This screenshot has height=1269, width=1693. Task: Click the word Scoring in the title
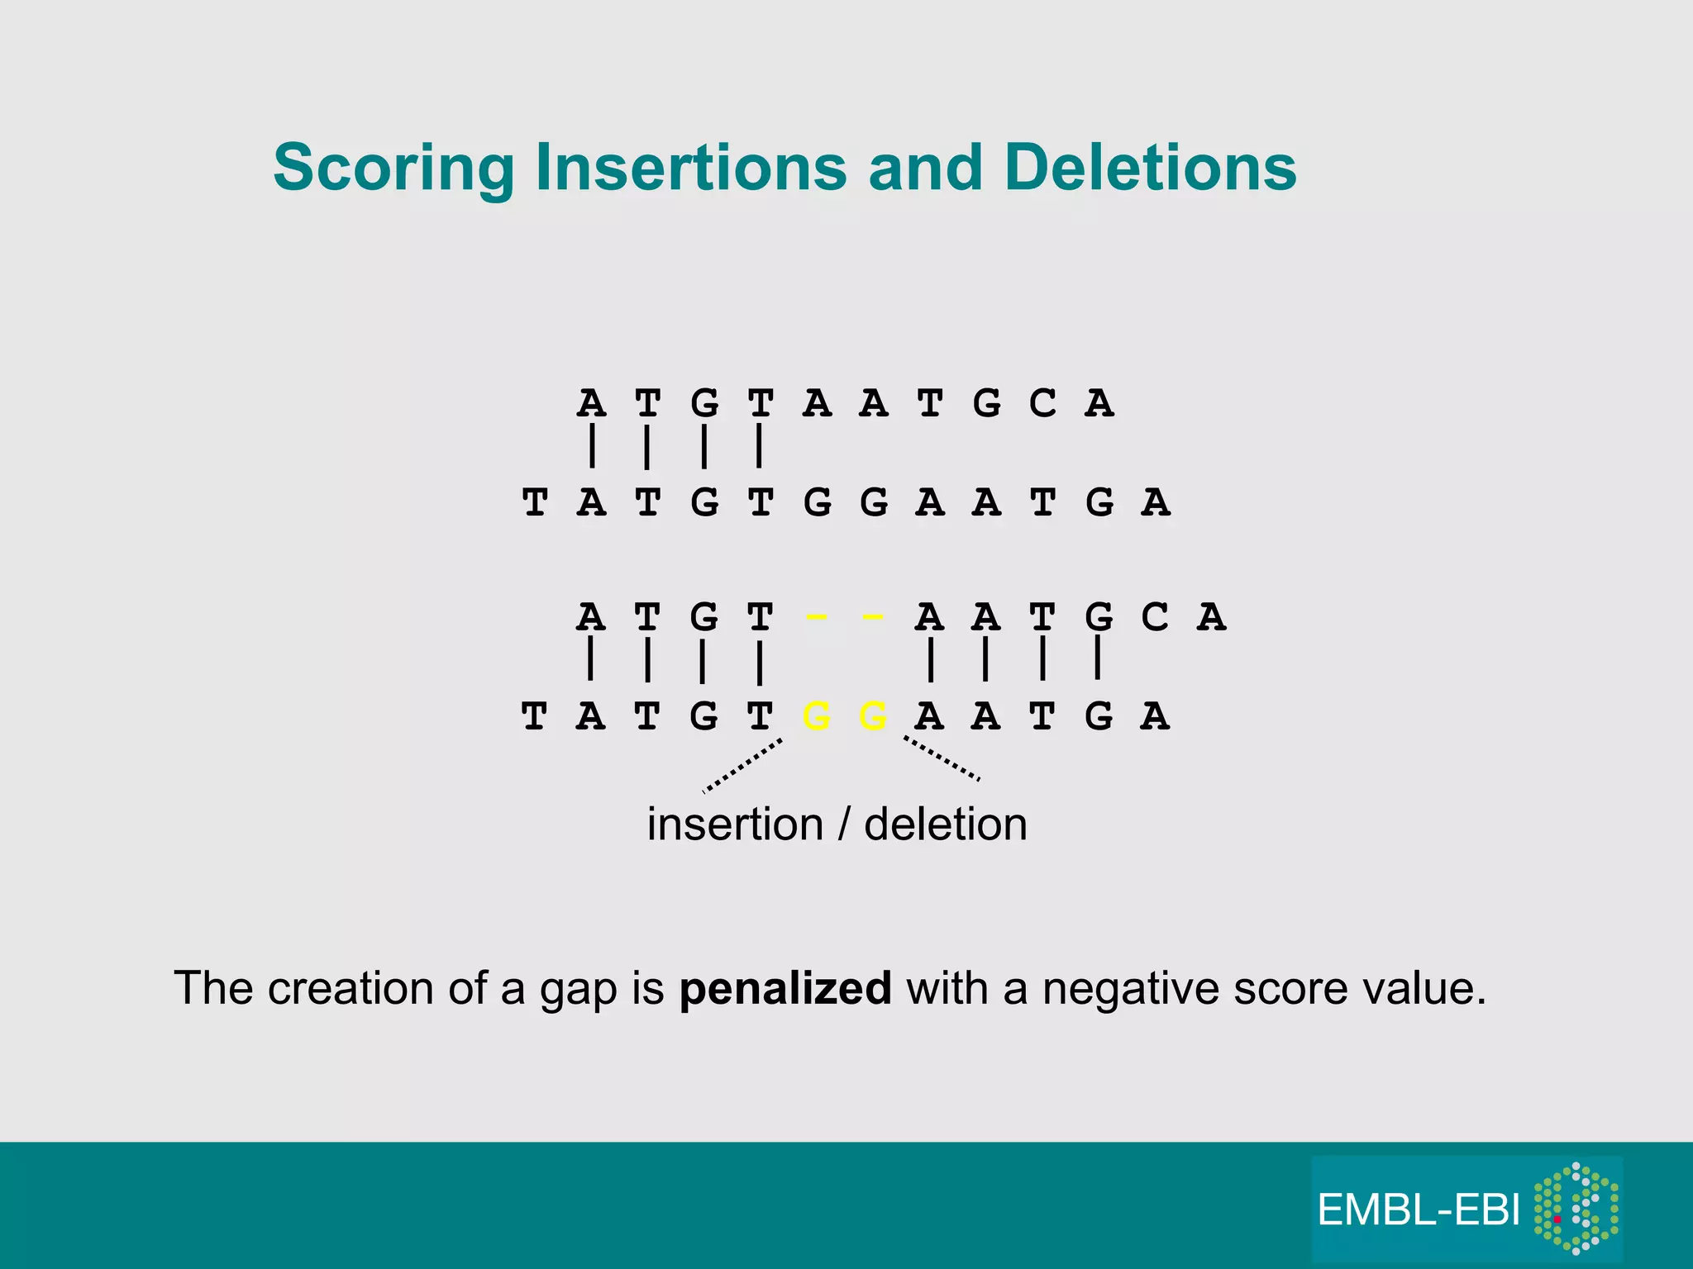(393, 168)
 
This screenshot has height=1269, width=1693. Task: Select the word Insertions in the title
(691, 168)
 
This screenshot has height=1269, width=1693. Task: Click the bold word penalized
(785, 988)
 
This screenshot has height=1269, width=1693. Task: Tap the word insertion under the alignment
(735, 825)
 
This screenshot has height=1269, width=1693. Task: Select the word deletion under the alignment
(946, 825)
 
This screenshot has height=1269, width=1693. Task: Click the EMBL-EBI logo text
(1419, 1210)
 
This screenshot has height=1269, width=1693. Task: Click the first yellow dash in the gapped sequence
(816, 617)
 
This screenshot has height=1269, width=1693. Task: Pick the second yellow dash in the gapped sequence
(873, 617)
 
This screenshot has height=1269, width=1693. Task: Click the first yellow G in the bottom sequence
(817, 716)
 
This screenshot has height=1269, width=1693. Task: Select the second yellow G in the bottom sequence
(873, 716)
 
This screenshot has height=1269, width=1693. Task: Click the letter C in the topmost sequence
(1042, 404)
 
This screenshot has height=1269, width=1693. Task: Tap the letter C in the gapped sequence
(1155, 617)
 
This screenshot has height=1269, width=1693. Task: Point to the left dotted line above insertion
(742, 766)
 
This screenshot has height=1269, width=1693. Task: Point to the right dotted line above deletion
(942, 758)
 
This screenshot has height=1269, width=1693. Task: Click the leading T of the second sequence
(535, 502)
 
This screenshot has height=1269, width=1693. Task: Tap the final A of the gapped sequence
(1211, 617)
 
